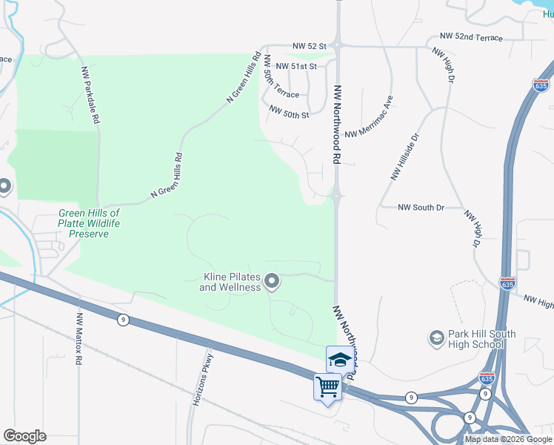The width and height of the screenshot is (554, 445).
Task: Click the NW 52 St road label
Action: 310,46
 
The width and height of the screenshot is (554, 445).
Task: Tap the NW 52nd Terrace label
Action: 471,37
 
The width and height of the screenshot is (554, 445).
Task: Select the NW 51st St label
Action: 296,66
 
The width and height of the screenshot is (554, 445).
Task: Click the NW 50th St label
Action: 289,112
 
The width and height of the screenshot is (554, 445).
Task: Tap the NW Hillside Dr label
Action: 405,157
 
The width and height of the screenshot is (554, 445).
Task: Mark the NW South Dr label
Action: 421,208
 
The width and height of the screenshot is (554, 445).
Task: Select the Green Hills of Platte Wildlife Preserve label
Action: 89,223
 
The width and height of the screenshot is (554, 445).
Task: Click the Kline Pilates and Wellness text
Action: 230,282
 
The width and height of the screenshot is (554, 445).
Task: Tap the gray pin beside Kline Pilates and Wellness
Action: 272,280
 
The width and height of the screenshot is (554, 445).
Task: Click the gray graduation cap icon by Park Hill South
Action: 436,339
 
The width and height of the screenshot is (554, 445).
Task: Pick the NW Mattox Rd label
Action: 78,340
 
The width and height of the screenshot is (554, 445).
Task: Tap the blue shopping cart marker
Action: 327,386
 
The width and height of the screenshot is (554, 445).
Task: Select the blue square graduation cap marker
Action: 340,360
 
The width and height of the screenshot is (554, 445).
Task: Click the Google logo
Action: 24,436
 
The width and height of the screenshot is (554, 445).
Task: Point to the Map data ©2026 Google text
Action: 509,439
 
